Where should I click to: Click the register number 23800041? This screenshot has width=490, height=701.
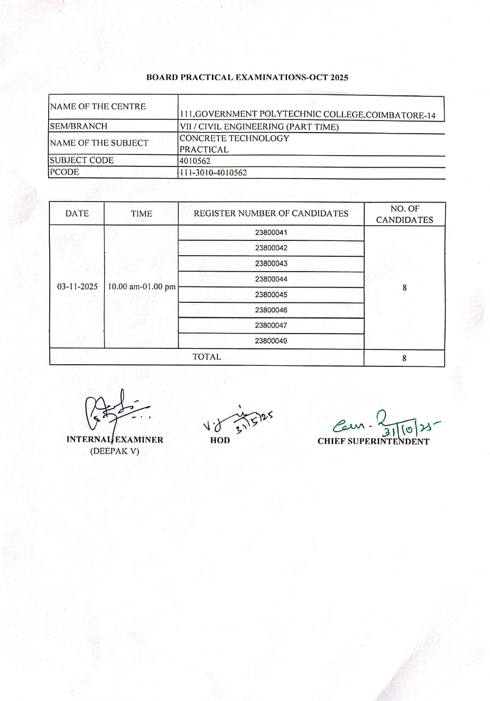[x=271, y=232]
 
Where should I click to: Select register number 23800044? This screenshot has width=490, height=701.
[x=271, y=279]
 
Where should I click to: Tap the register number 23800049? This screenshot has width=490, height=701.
[x=271, y=341]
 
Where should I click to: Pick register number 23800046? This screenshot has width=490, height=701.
[x=271, y=310]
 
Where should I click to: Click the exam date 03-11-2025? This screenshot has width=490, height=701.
[x=77, y=286]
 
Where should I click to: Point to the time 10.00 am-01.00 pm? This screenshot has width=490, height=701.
[x=142, y=286]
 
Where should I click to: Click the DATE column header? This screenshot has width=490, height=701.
[x=77, y=214]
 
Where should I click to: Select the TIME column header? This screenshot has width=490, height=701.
[x=141, y=214]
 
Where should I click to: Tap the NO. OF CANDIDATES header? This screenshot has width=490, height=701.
[x=404, y=214]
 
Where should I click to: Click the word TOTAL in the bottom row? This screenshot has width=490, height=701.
[x=206, y=357]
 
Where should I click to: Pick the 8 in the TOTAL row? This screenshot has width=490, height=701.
[x=404, y=358]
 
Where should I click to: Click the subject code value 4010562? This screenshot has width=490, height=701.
[x=195, y=161]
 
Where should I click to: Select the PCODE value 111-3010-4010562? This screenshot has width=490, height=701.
[x=214, y=173]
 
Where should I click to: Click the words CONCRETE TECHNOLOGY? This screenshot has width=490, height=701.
[x=234, y=138]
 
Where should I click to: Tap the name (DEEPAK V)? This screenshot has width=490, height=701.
[x=114, y=451]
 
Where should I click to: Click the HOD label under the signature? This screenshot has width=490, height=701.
[x=220, y=440]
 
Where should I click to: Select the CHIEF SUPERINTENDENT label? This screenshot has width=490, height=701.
[x=373, y=441]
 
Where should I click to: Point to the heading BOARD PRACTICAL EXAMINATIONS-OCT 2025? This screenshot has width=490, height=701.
[x=247, y=77]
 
